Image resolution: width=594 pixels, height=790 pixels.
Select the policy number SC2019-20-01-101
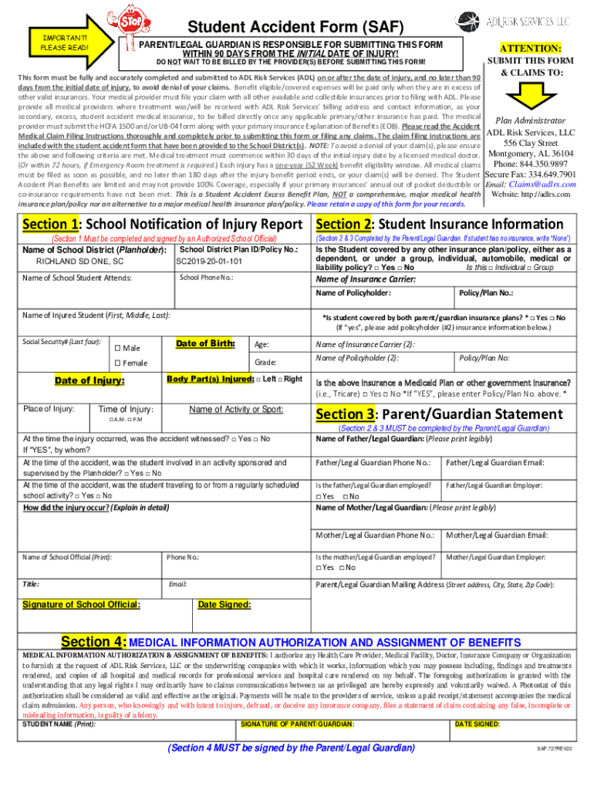coord(210,262)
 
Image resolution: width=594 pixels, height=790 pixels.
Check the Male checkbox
coord(117,349)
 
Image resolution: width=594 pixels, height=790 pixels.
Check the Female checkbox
coord(117,363)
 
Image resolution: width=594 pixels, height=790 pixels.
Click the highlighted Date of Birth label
coord(204,343)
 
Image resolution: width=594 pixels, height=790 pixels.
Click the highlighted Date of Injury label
coord(89,380)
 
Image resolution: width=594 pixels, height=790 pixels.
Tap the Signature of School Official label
coord(82,604)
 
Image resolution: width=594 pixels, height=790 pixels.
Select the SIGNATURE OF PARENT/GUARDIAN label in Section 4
coord(298,724)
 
